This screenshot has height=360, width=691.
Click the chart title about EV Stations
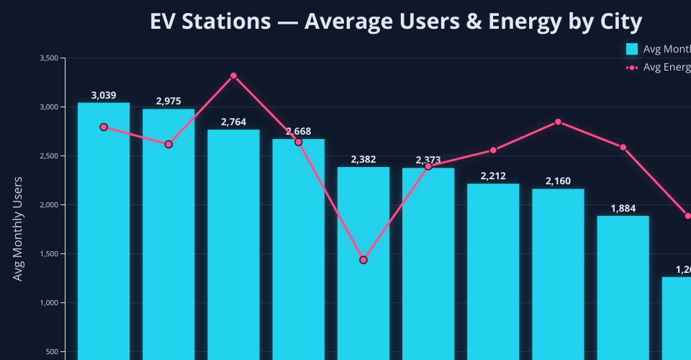(395, 22)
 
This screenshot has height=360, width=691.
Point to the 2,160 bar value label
(558, 181)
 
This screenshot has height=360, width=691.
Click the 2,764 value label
(233, 122)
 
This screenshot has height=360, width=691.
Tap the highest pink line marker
(233, 76)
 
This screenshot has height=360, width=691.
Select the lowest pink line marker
(363, 260)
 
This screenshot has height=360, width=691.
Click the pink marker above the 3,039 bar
(104, 127)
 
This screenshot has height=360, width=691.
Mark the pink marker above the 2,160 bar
(558, 122)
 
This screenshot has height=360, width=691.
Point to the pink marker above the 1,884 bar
(623, 148)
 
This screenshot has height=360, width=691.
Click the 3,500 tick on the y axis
(48, 58)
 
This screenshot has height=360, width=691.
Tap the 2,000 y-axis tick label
(48, 205)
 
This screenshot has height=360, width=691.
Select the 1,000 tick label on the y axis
(48, 303)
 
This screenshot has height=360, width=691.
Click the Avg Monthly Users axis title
(19, 228)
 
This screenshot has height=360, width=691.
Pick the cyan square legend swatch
(632, 49)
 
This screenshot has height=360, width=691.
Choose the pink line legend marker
(632, 67)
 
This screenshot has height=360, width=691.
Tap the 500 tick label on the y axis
(52, 352)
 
